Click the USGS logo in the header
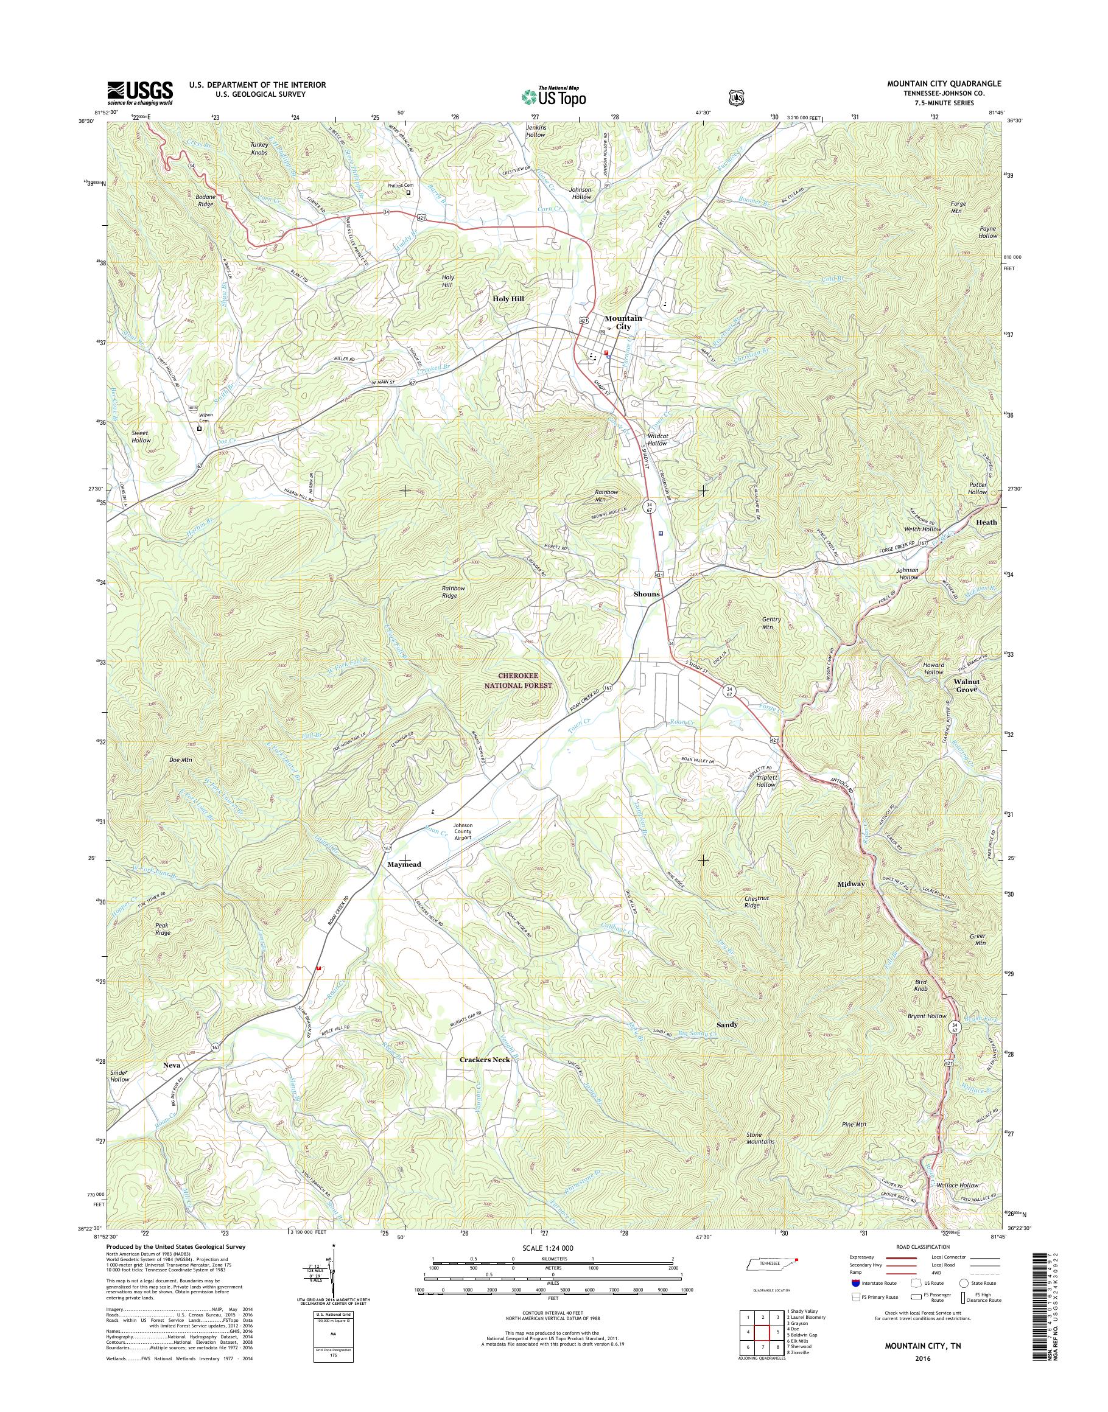click(139, 93)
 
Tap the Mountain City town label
click(623, 323)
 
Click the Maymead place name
click(404, 865)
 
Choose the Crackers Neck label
click(485, 1059)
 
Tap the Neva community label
click(172, 1065)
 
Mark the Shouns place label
click(646, 594)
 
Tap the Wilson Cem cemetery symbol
click(199, 428)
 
